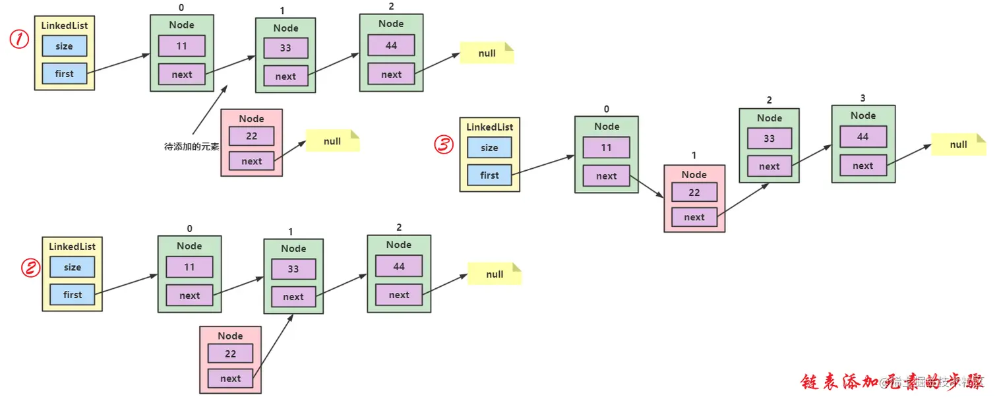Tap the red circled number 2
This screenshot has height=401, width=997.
pos(30,267)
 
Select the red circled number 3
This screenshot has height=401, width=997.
pos(444,144)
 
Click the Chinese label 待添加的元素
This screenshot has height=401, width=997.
pos(191,146)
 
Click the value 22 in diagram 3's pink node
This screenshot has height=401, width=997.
pos(694,192)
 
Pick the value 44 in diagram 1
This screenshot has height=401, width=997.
pos(391,45)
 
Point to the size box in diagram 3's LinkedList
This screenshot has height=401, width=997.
pos(489,148)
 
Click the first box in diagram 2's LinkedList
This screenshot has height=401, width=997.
pos(73,295)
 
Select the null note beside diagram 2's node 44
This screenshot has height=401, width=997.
pos(495,274)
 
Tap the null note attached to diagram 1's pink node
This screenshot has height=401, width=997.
pos(332,141)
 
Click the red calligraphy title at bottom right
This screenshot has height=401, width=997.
pos(890,382)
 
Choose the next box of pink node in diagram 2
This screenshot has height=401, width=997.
pos(230,378)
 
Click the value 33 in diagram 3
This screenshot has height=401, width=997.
pos(769,139)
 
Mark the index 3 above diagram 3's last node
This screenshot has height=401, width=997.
pos(862,98)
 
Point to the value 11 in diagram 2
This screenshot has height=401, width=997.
pos(189,267)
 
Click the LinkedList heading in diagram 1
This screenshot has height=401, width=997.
pos(65,26)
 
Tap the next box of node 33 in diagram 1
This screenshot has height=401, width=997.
pos(286,76)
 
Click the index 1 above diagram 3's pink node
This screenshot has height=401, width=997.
pos(694,156)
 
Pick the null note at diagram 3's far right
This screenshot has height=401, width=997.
pos(958,144)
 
